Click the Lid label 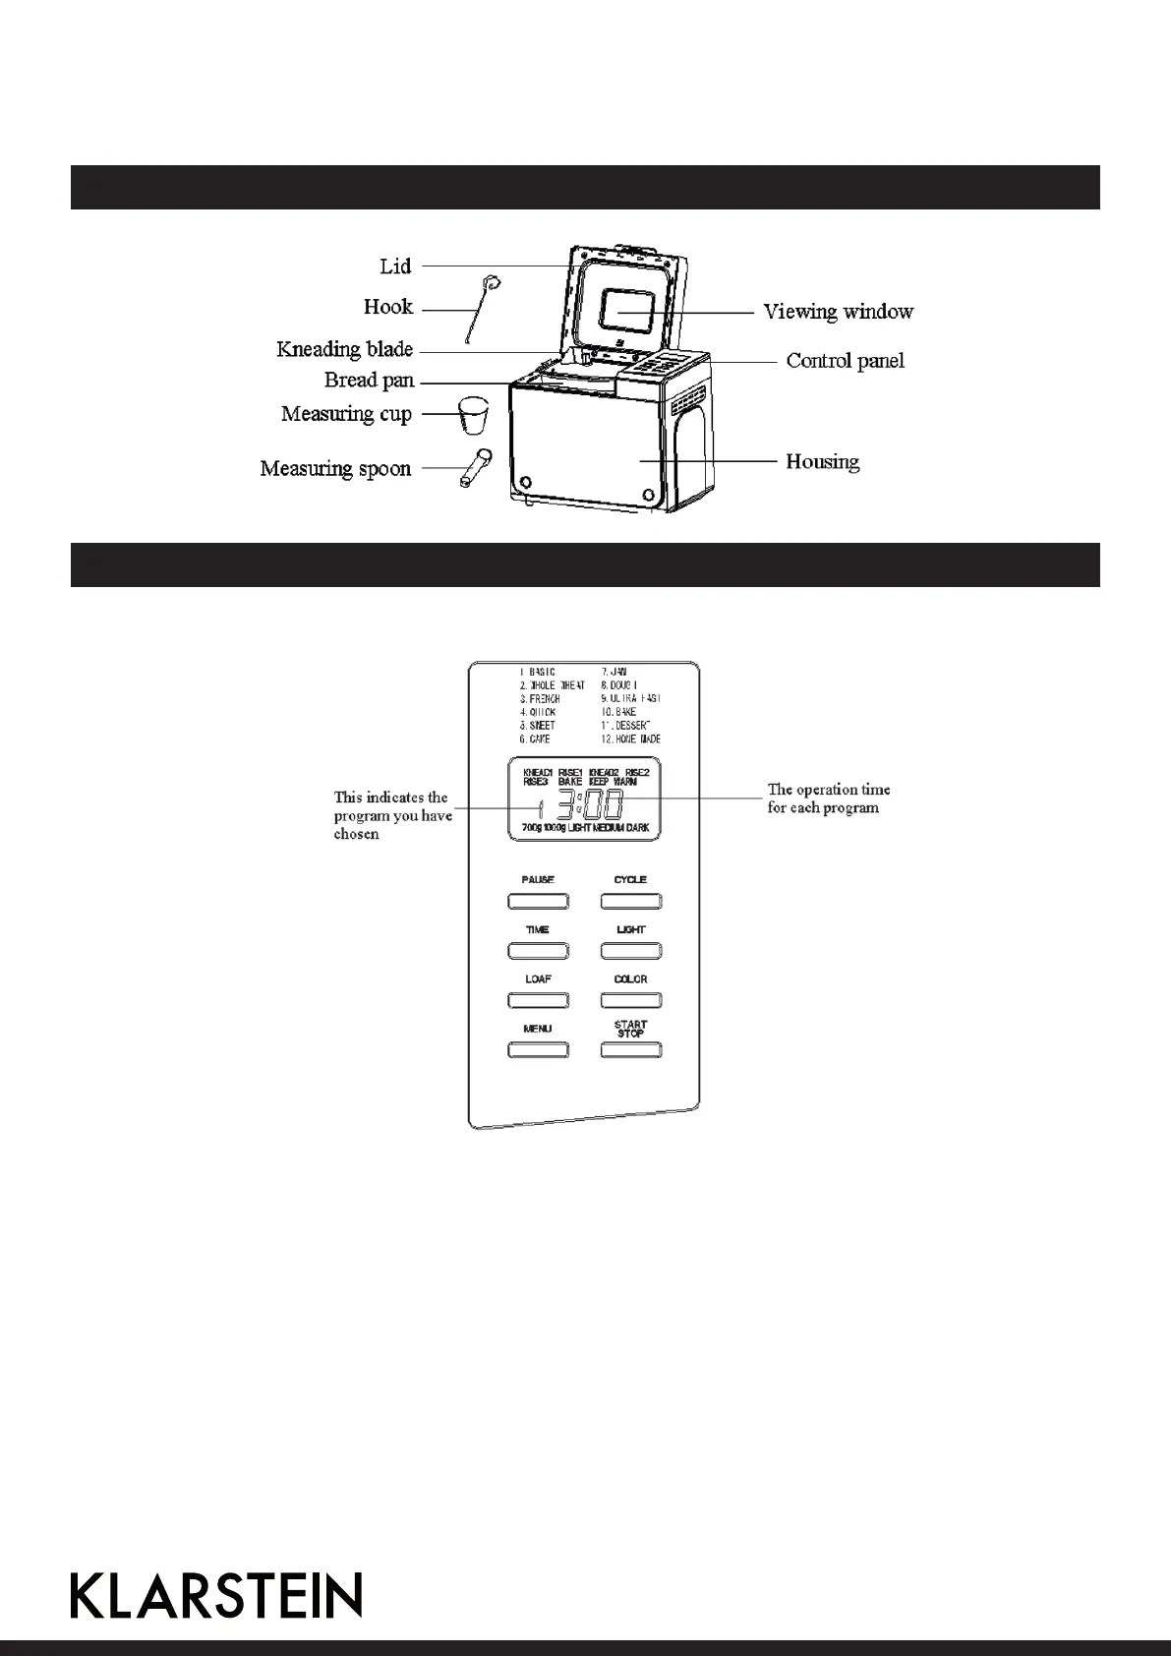click(395, 266)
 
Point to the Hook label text click(388, 307)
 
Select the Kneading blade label click(344, 349)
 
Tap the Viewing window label click(839, 312)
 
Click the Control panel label click(845, 361)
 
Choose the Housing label click(822, 461)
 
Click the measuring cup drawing click(473, 416)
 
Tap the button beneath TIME click(538, 951)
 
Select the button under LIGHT click(631, 951)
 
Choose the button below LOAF click(538, 1000)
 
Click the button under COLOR click(631, 1000)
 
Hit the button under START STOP click(631, 1050)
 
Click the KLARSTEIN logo click(216, 1595)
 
